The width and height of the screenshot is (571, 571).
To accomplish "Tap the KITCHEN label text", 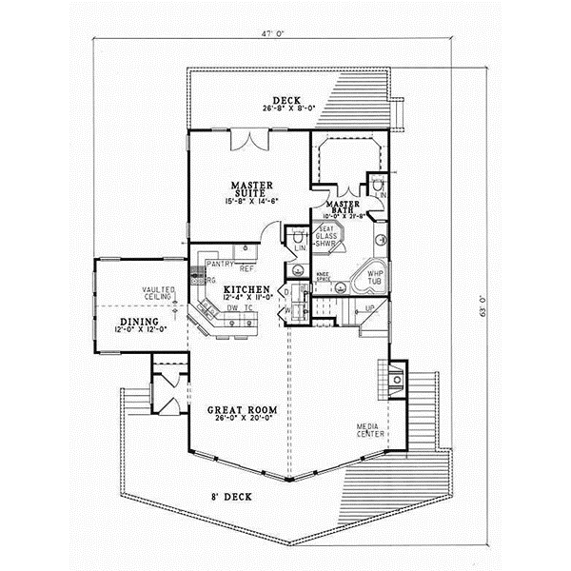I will coord(245,287).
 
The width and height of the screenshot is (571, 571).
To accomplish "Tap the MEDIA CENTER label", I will coord(370,430).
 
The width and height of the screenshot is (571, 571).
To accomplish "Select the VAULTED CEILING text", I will coord(158,294).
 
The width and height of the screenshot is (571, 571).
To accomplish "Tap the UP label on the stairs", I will coord(370,308).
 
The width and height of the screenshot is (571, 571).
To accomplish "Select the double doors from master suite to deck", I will coord(252,140).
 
